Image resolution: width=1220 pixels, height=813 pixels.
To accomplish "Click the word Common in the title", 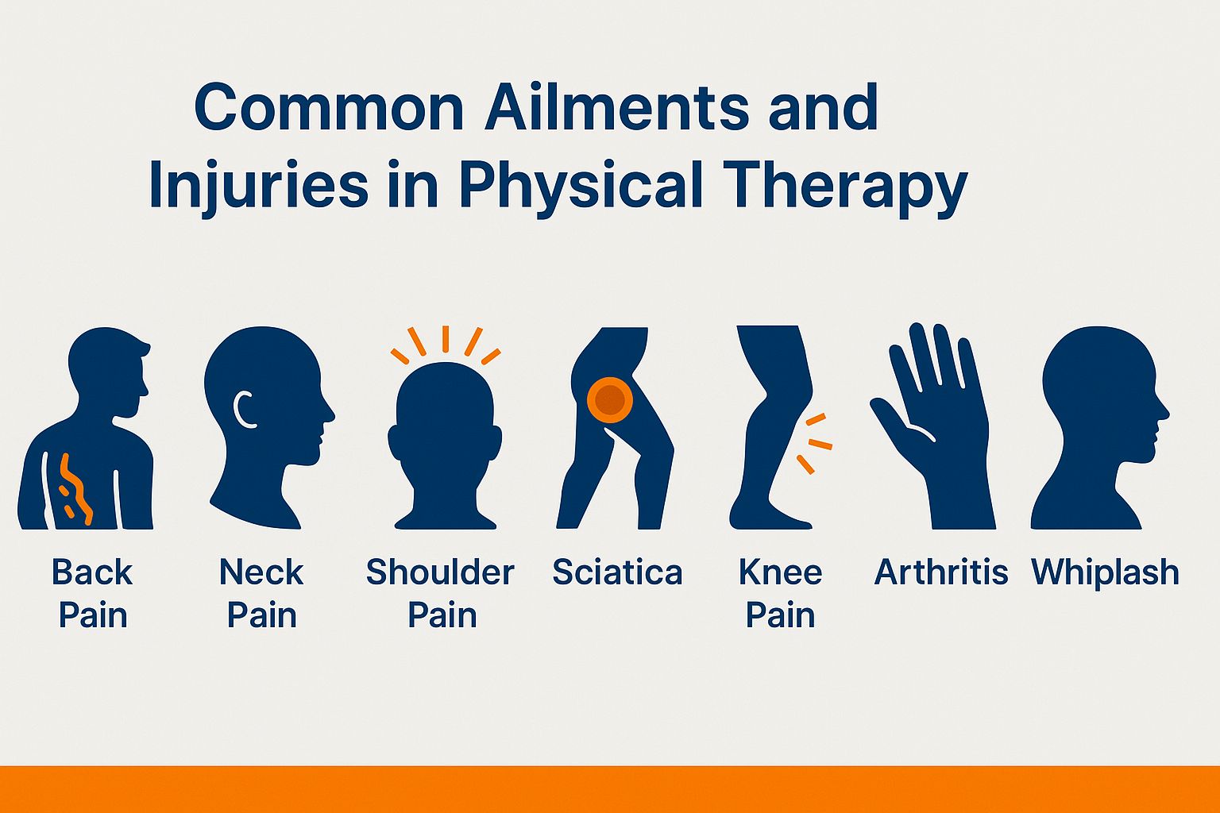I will coord(329,108).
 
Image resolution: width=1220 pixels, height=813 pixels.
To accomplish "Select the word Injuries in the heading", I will coord(257,187).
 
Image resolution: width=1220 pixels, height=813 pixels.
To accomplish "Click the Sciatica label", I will coord(617,572).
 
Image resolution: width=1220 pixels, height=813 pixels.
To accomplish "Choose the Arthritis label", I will coord(941,572).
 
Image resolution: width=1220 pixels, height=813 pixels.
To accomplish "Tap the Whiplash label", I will coord(1105,572).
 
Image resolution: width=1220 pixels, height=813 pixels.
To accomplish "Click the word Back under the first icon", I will coord(92,572).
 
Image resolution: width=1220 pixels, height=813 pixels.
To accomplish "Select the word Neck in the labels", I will coord(261,572).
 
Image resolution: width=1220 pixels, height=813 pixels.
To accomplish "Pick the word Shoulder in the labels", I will coord(440,572).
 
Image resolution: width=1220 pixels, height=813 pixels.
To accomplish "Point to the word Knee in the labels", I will coord(780,572).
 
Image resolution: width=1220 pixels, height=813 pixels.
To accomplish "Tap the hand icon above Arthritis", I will coord(941,429).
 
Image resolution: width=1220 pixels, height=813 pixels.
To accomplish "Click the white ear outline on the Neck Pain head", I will coord(242,410).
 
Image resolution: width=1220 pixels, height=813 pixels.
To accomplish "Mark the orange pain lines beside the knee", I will coord(815,443).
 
